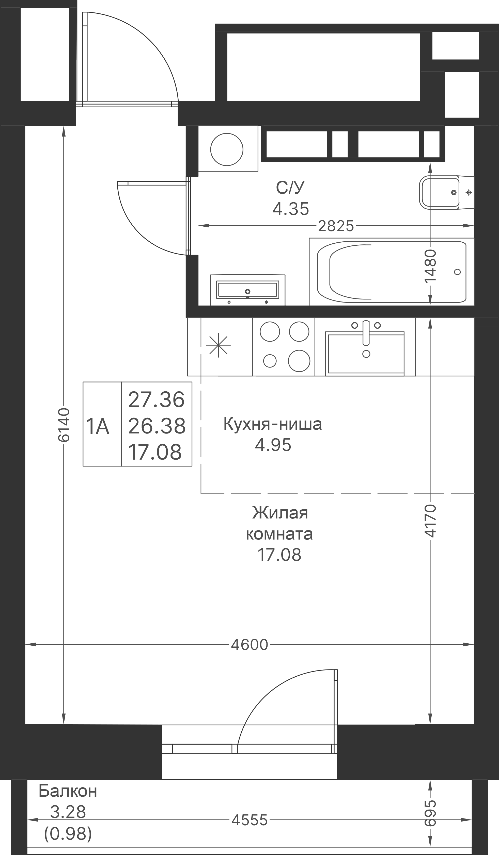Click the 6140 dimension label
pos(64,425)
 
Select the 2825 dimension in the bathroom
pos(336,226)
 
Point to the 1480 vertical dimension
pos(430,265)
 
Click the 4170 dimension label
pos(430,521)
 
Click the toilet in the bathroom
pos(442,192)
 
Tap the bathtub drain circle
pos(457,272)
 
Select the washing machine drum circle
pos(227,149)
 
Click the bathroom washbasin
pos(248,290)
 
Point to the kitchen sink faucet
pos(366,332)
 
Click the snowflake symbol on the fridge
pos(218,345)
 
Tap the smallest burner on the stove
pos(270,361)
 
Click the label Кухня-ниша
pos(272,424)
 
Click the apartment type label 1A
pos(98,426)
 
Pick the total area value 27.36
pos(157,400)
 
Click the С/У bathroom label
pos(290,188)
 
